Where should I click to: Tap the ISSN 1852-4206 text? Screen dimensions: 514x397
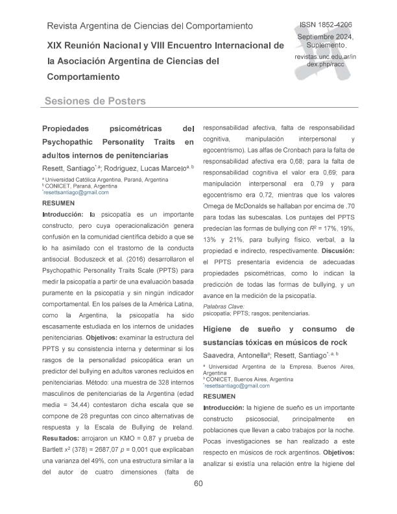[324, 24]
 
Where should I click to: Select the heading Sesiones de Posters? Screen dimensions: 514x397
[95, 101]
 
